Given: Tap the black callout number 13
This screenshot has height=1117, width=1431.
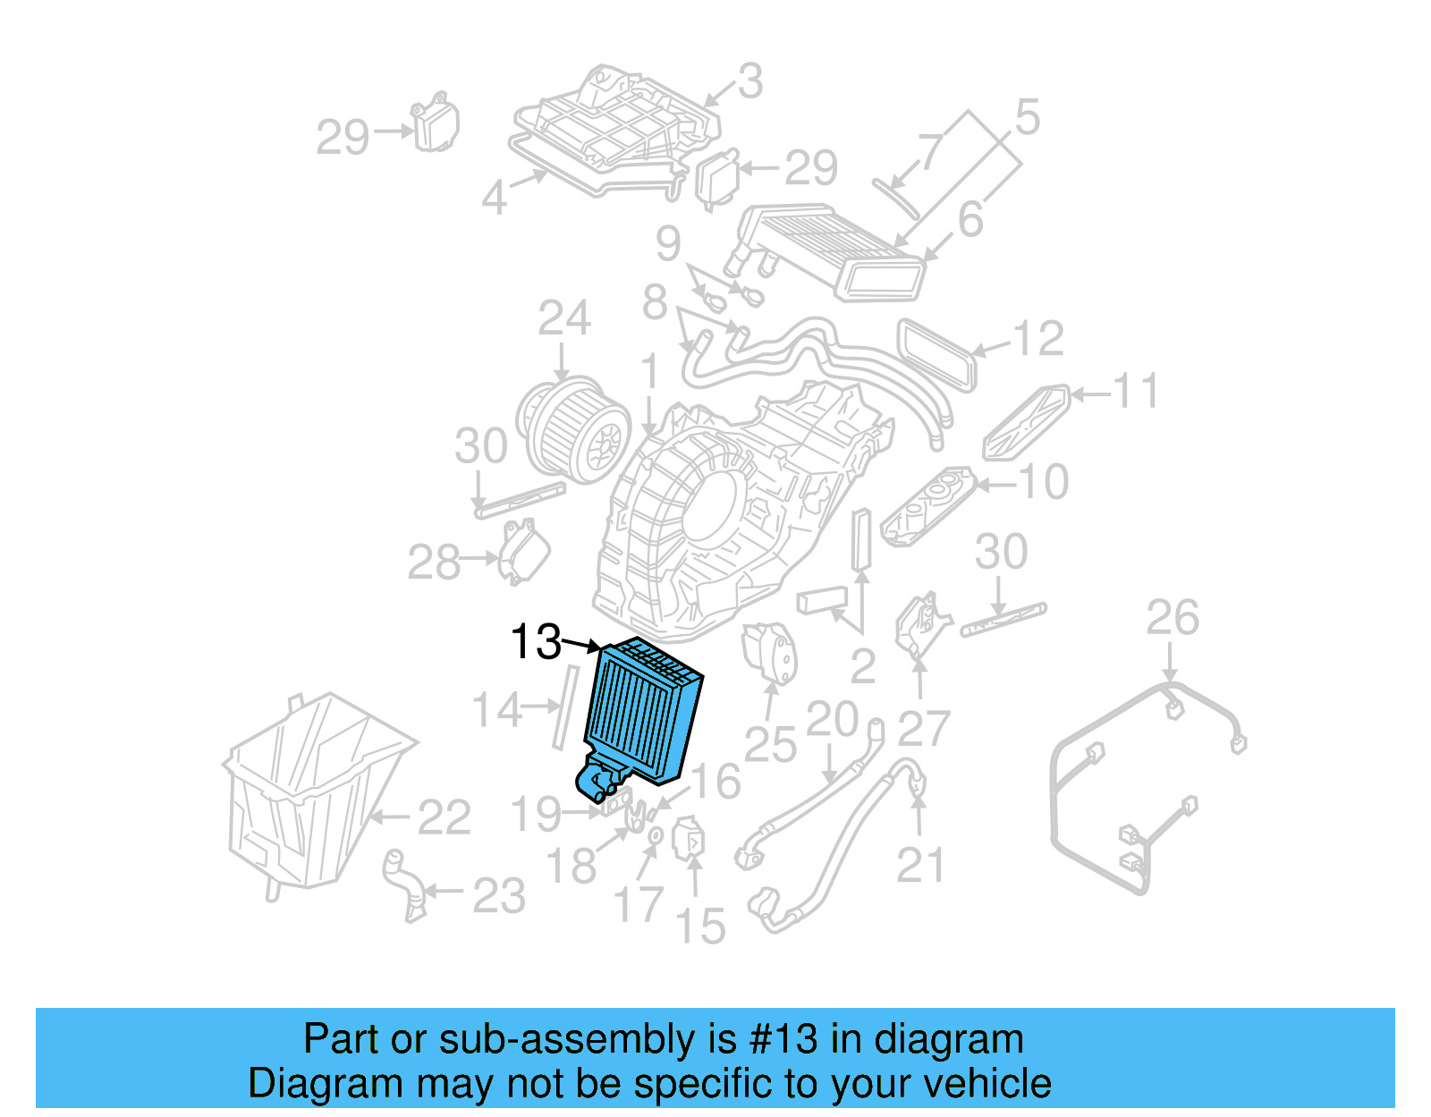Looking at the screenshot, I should click(535, 642).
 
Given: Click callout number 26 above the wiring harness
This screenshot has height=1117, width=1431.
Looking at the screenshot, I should click(1172, 618).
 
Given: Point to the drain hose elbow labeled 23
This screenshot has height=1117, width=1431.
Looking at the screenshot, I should click(402, 885).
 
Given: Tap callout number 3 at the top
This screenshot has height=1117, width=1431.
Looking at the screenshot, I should click(749, 81).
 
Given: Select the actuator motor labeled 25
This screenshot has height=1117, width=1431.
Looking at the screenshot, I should click(769, 651).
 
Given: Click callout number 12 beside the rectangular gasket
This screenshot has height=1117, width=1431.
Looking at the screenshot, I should click(1037, 339).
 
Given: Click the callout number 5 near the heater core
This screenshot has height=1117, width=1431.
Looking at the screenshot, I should click(1027, 118).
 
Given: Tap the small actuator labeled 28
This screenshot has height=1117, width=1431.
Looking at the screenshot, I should click(523, 551).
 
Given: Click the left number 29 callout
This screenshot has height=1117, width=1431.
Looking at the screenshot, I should click(343, 137).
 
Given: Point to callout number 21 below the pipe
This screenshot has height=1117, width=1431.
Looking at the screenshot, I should click(920, 866).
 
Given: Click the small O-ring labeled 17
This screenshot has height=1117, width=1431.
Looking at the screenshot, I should click(655, 835).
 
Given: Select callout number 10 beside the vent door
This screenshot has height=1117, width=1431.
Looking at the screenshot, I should click(1043, 483).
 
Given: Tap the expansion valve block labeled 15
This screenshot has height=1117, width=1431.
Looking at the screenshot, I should click(690, 839).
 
